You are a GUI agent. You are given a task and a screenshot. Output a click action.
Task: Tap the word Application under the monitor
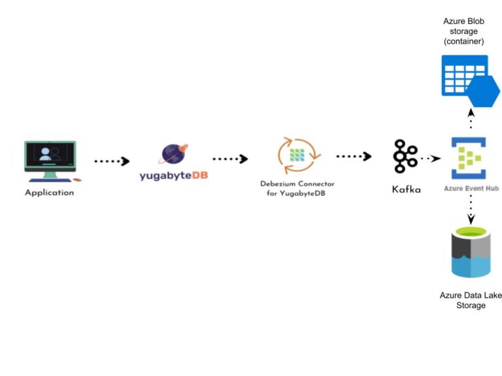pyautogui.click(x=50, y=193)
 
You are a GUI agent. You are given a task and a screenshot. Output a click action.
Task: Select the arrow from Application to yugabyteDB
pyautogui.click(x=112, y=161)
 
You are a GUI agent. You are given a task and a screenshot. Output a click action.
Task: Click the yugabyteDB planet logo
pyautogui.click(x=174, y=154)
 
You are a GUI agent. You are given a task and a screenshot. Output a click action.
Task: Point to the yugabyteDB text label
pyautogui.click(x=174, y=176)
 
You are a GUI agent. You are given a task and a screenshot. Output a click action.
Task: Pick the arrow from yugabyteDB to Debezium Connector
pyautogui.click(x=230, y=159)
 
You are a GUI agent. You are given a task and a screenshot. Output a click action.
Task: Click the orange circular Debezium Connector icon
pyautogui.click(x=297, y=155)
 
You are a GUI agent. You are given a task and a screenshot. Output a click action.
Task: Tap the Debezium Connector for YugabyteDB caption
pyautogui.click(x=297, y=189)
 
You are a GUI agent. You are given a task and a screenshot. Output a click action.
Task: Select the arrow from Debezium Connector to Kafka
pyautogui.click(x=354, y=156)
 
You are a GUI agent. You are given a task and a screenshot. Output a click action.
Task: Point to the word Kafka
pyautogui.click(x=406, y=190)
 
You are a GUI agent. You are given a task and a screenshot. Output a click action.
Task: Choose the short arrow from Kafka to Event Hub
pyautogui.click(x=431, y=158)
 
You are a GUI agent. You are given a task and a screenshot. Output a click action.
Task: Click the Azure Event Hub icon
pyautogui.click(x=468, y=158)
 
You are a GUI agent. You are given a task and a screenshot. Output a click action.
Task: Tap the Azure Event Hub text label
pyautogui.click(x=468, y=189)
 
